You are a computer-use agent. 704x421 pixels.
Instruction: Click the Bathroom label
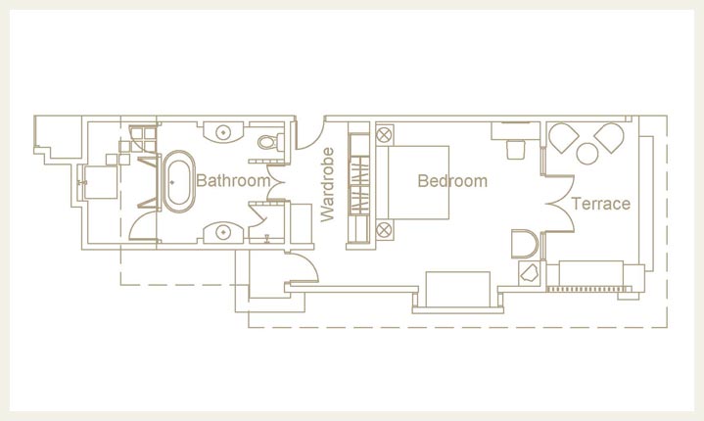(x=233, y=180)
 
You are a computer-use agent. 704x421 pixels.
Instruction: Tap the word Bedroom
(x=452, y=181)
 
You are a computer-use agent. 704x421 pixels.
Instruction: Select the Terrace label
(x=601, y=204)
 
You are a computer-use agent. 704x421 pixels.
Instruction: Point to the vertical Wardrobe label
(x=328, y=184)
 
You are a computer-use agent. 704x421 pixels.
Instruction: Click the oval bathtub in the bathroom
(x=179, y=181)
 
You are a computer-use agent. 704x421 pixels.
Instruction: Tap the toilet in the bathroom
(x=271, y=142)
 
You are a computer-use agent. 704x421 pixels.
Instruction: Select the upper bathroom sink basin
(x=223, y=132)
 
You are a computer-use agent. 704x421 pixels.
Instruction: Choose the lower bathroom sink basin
(x=223, y=232)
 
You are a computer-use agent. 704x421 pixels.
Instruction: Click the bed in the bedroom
(x=412, y=182)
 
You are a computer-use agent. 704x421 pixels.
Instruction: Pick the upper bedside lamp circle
(x=385, y=134)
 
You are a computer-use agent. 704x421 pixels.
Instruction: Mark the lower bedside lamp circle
(x=384, y=230)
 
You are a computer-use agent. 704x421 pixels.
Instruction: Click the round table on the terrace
(x=587, y=154)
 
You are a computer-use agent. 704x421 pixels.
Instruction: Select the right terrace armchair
(x=609, y=137)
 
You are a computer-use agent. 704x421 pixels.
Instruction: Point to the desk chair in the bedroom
(x=516, y=150)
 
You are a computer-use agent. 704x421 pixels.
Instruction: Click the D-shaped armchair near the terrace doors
(x=525, y=244)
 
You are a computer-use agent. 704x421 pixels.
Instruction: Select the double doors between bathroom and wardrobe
(x=276, y=183)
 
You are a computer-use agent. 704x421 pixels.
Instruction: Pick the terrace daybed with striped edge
(x=590, y=275)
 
